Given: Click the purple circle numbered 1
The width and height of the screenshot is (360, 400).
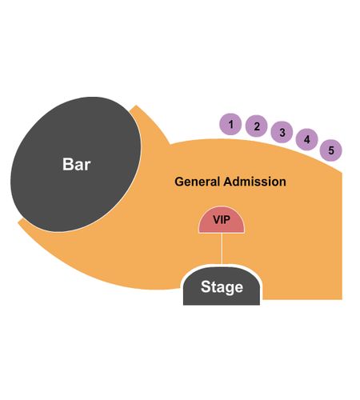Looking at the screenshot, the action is pyautogui.click(x=230, y=124).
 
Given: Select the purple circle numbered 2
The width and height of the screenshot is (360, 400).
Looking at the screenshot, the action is pyautogui.click(x=256, y=126).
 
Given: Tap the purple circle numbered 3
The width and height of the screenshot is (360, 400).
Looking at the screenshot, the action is pyautogui.click(x=282, y=132).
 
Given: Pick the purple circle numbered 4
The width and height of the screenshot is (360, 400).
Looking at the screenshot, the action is pyautogui.click(x=307, y=139).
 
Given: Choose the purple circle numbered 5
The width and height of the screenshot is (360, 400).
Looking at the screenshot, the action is pyautogui.click(x=330, y=150).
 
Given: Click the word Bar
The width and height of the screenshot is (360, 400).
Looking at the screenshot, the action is pyautogui.click(x=77, y=164).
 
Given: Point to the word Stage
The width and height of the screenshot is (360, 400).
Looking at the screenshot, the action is pyautogui.click(x=222, y=287).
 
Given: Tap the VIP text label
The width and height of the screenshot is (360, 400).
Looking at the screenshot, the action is pyautogui.click(x=222, y=220).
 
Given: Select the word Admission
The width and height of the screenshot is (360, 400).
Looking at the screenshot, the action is pyautogui.click(x=254, y=182).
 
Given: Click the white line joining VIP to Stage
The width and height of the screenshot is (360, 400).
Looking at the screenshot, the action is pyautogui.click(x=222, y=249).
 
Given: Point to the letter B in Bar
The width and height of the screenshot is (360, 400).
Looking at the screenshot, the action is pyautogui.click(x=67, y=164).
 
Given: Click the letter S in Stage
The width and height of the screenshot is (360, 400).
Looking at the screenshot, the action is pyautogui.click(x=206, y=286).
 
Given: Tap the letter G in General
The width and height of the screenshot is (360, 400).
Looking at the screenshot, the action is pyautogui.click(x=179, y=182).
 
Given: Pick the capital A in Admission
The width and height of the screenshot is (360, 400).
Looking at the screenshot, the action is pyautogui.click(x=228, y=182).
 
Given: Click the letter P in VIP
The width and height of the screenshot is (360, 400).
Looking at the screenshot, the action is pyautogui.click(x=226, y=220).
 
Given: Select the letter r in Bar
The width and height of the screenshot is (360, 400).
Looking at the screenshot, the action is pyautogui.click(x=87, y=166).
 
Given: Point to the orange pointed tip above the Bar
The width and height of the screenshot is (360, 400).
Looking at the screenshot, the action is pyautogui.click(x=136, y=106).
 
